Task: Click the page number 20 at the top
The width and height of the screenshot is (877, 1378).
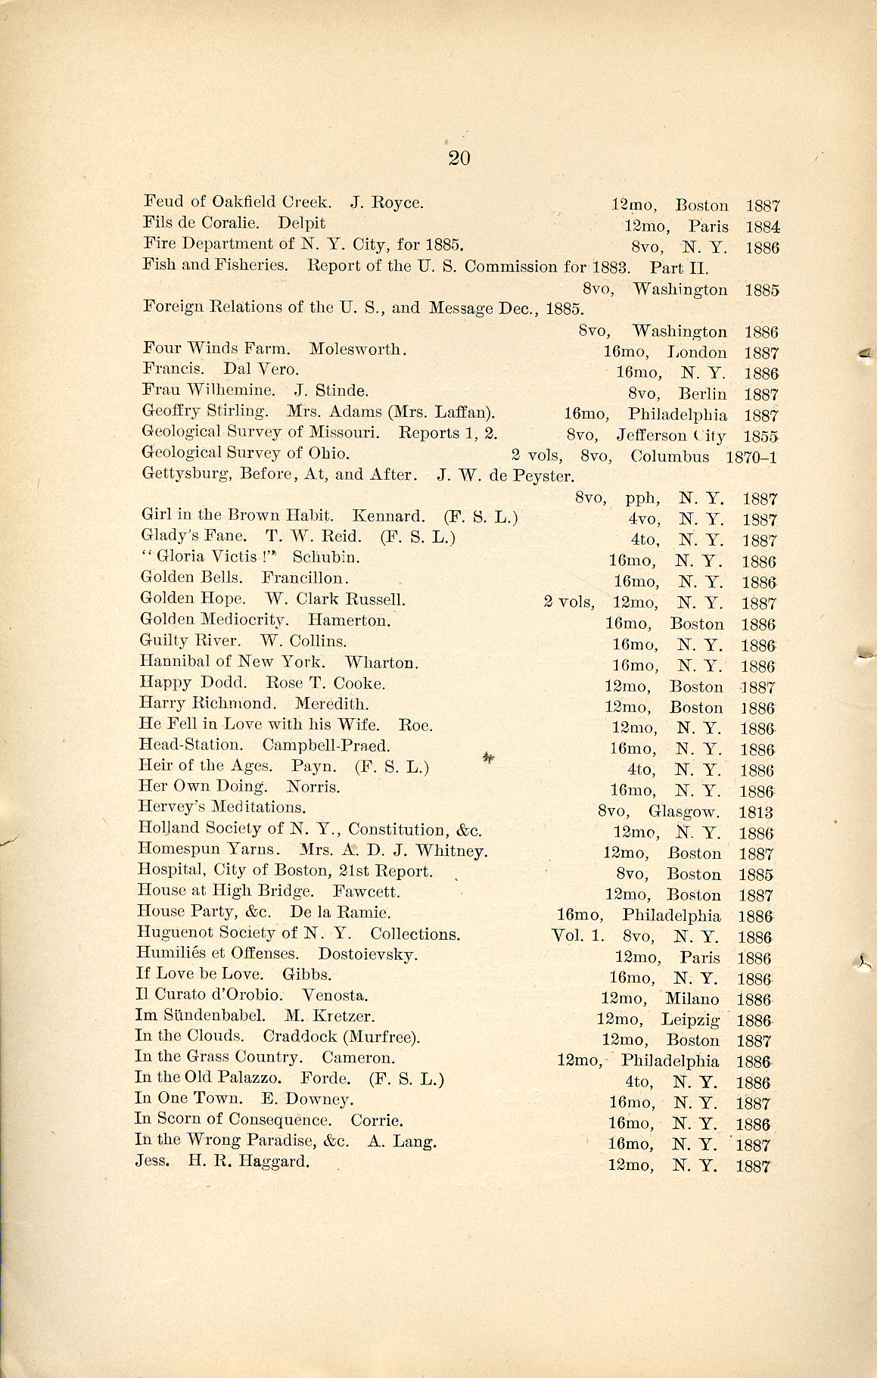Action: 459,157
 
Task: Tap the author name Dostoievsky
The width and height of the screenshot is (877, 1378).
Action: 367,954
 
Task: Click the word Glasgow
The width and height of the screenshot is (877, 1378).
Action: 683,812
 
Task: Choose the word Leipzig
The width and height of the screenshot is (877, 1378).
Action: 689,1019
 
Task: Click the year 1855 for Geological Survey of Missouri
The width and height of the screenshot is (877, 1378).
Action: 761,437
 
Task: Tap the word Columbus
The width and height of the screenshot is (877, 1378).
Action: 670,457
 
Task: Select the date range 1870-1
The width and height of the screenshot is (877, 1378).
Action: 751,457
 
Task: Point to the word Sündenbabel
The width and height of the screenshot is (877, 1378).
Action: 210,1016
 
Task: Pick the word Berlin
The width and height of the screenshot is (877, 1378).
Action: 702,393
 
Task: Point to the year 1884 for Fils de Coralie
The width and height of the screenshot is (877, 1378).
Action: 762,226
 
